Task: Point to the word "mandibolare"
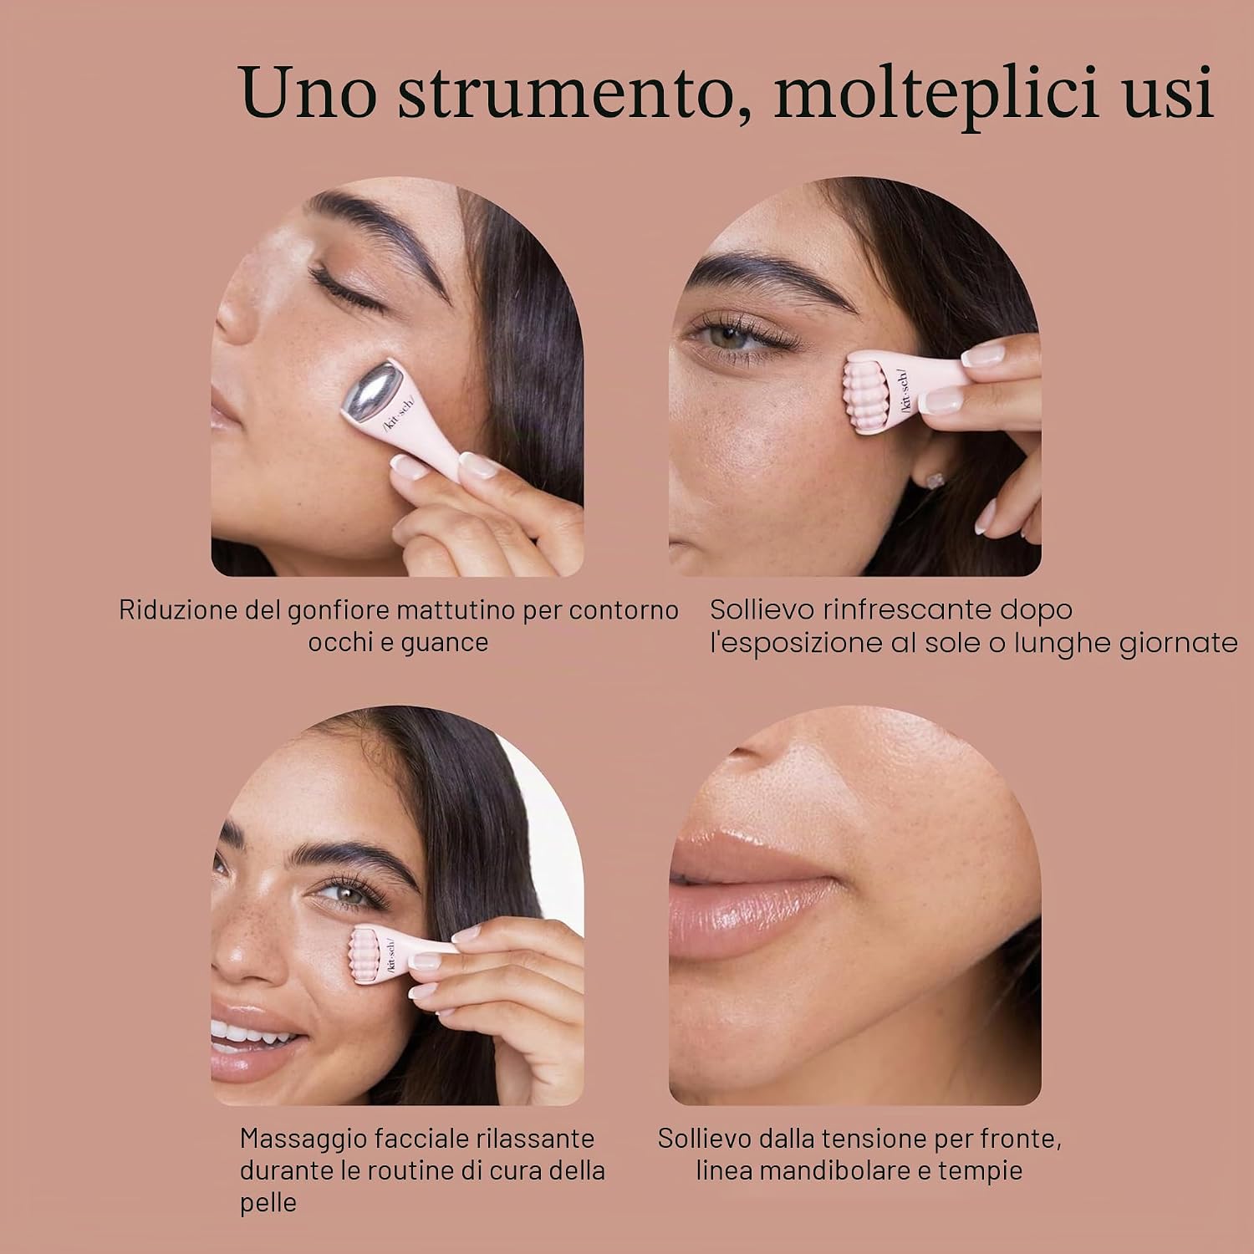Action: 828,1170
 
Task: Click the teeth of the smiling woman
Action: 247,1037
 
